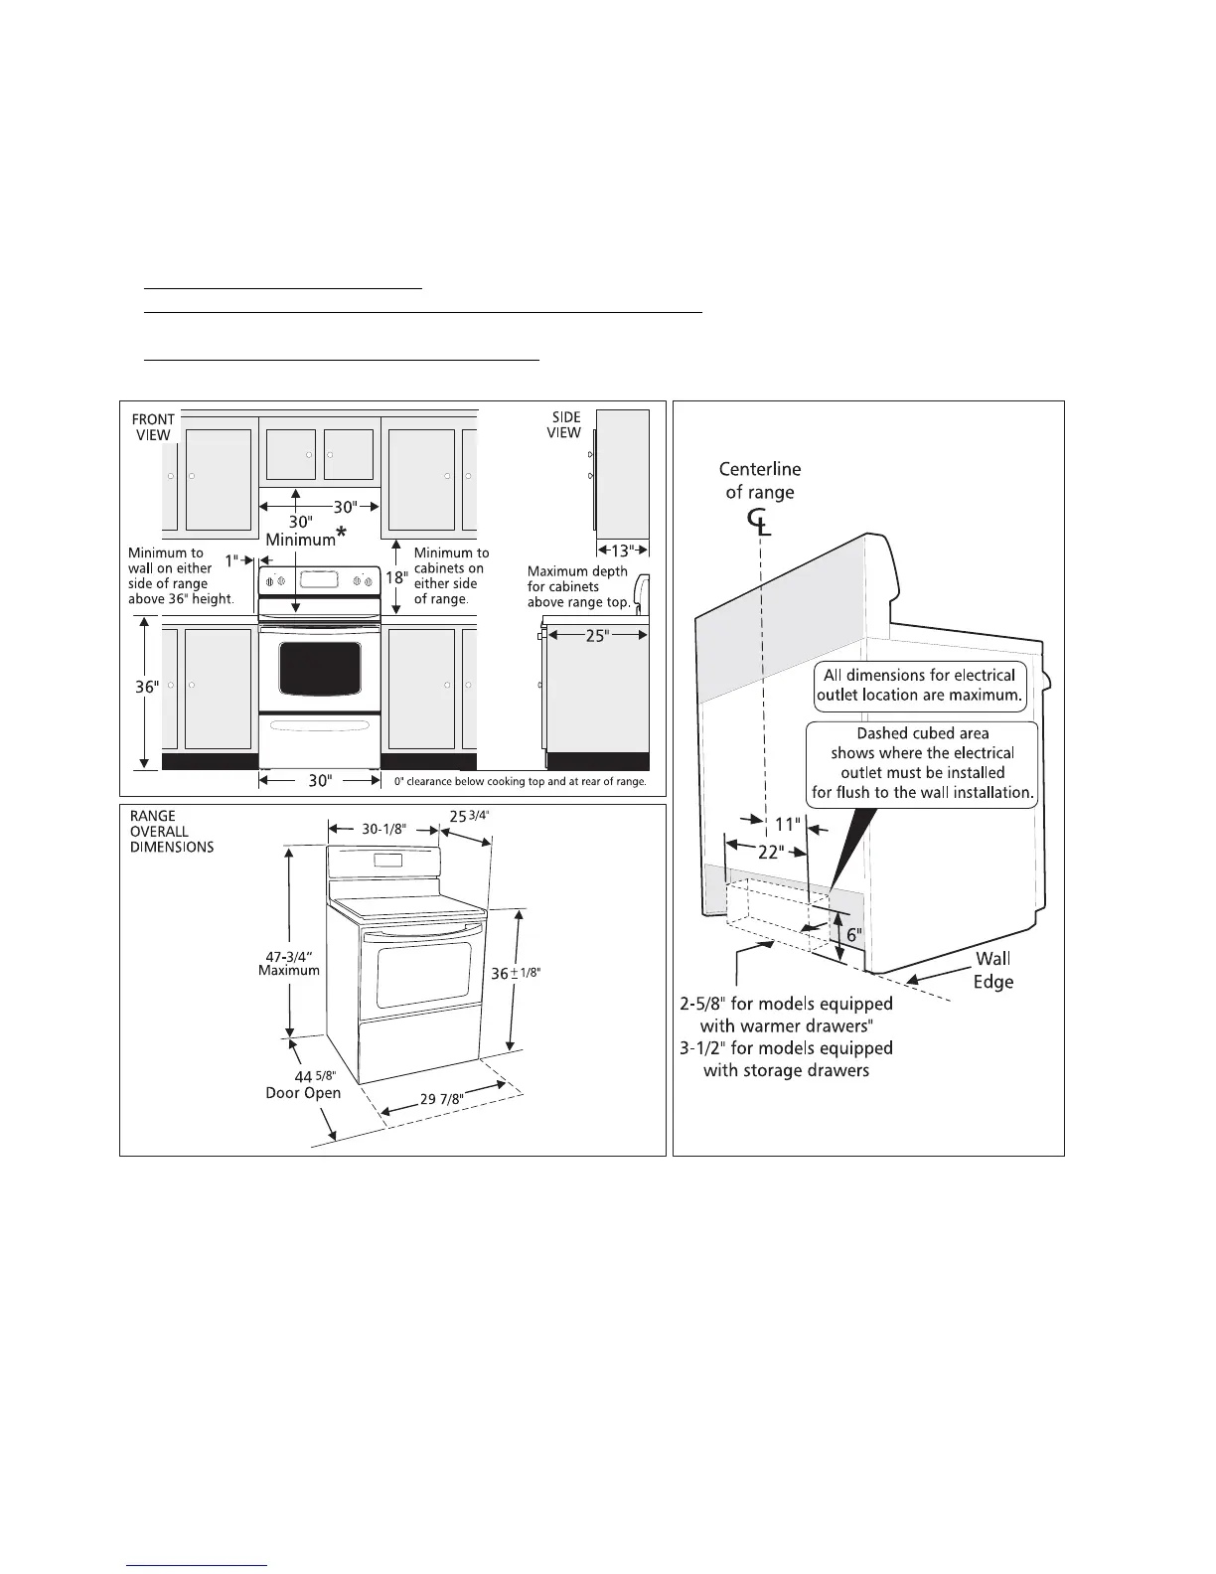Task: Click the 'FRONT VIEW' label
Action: click(x=153, y=427)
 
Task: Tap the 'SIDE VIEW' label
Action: click(x=564, y=425)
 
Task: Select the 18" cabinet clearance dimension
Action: click(x=396, y=577)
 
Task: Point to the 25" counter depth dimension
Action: click(x=596, y=635)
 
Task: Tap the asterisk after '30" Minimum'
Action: click(x=342, y=536)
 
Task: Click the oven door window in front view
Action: click(x=320, y=668)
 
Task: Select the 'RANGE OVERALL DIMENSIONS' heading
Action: click(x=172, y=832)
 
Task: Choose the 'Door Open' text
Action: click(x=303, y=1093)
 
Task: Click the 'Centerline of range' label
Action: click(x=762, y=480)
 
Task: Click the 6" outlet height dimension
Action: click(x=852, y=935)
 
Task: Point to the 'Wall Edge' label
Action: click(x=992, y=971)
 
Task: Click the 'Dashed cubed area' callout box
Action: click(x=923, y=762)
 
